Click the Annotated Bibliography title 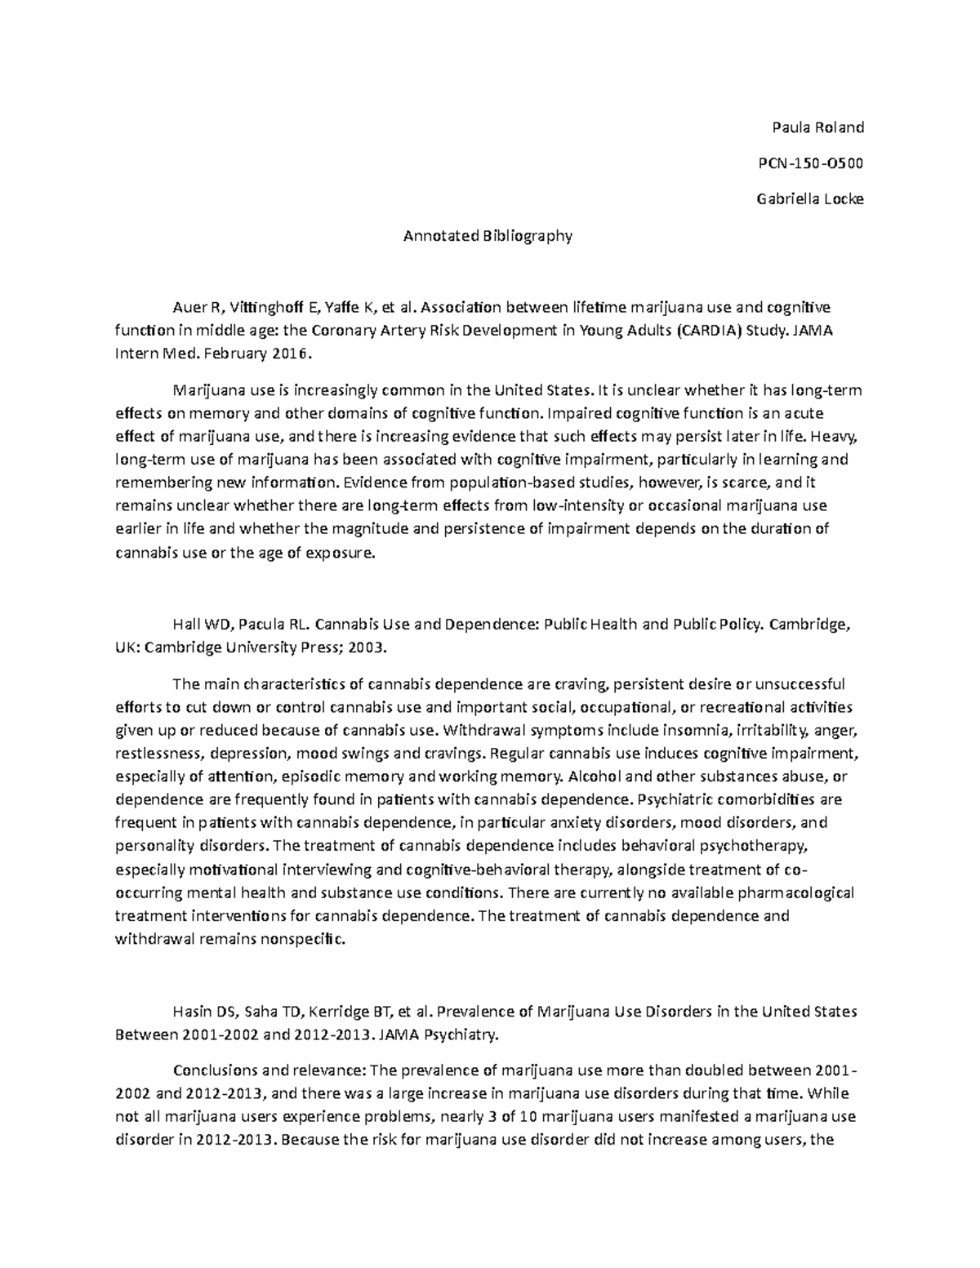click(x=488, y=236)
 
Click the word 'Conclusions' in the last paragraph click(x=211, y=1070)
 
